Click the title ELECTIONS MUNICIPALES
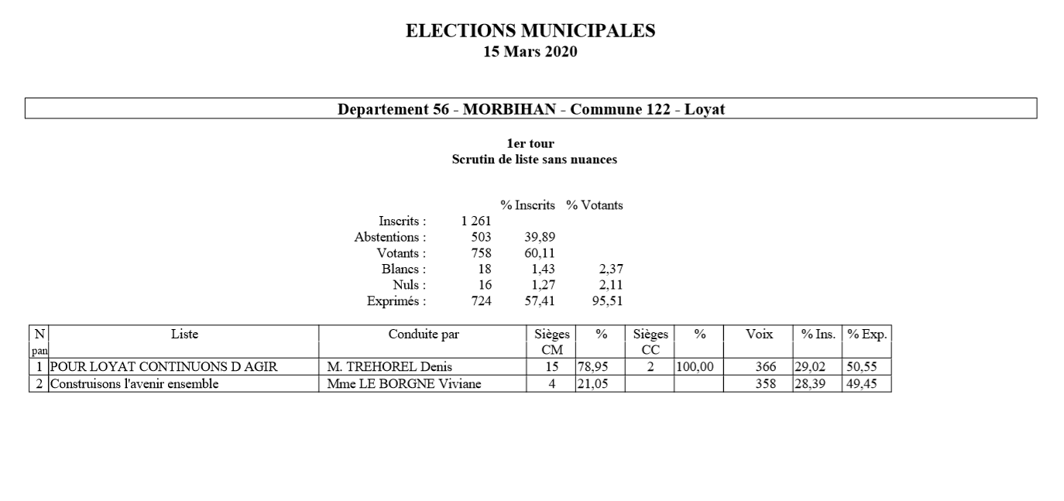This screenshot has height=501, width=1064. (530, 32)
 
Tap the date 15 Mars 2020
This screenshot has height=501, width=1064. (530, 53)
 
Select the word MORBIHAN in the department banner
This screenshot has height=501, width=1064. (510, 109)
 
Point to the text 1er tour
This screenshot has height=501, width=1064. (530, 144)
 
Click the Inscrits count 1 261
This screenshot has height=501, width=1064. (475, 221)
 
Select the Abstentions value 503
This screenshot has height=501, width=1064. (481, 237)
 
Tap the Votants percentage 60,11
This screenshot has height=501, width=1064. (540, 253)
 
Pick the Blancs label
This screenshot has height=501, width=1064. (403, 269)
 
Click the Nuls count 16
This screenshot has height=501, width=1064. (484, 285)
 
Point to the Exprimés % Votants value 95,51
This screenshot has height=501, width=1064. (608, 300)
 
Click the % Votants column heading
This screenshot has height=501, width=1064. (594, 205)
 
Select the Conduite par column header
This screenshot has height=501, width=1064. (423, 334)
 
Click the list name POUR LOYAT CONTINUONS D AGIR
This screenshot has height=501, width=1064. (163, 367)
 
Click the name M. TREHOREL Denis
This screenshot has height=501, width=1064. (390, 367)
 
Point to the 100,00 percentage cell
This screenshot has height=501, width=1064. (694, 367)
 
